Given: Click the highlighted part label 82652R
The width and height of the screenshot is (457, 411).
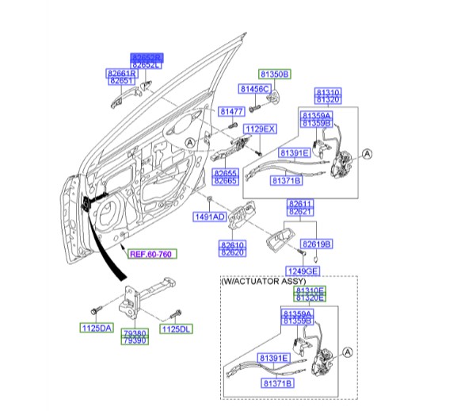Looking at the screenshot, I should (147, 57).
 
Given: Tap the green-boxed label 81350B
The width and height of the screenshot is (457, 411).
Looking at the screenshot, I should (274, 74).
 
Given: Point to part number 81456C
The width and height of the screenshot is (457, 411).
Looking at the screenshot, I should (255, 88).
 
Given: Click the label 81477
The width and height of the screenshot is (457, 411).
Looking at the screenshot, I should (231, 112).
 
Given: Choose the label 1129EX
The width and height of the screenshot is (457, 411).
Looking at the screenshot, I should (259, 128).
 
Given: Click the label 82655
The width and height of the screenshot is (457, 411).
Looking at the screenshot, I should (226, 172).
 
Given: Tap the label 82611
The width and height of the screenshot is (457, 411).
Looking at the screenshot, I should (299, 204).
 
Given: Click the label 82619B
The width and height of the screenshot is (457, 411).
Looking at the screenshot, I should (317, 244).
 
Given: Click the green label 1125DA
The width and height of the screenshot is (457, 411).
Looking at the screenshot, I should (97, 328).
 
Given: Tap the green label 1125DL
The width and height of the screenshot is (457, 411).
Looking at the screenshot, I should (175, 328).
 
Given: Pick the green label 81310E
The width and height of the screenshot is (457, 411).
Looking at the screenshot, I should (310, 292).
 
